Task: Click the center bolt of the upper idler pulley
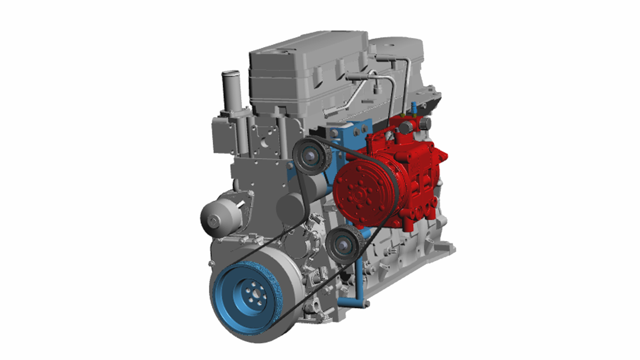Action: (x=310, y=155)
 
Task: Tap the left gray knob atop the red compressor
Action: (x=406, y=127)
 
